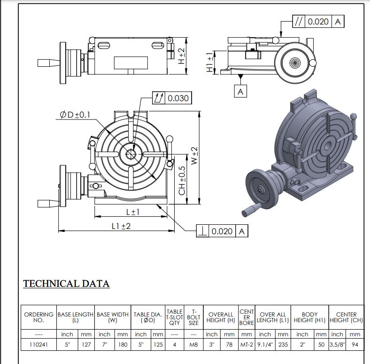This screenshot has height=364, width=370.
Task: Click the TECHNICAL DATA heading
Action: [66, 284]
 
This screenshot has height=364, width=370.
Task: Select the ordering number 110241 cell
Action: [39, 344]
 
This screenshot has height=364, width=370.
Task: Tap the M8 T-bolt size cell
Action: [193, 344]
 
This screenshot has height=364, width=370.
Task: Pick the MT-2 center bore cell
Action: [247, 344]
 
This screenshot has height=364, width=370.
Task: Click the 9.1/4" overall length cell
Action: [265, 344]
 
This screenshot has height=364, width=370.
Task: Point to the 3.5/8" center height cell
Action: [337, 344]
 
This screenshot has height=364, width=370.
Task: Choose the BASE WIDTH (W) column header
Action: [113, 317]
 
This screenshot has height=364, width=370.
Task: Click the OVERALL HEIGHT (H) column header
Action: [221, 317]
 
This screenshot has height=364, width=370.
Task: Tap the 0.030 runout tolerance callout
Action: [172, 98]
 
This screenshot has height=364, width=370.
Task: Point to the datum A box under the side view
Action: [241, 91]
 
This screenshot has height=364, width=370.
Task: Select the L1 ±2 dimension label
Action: [121, 226]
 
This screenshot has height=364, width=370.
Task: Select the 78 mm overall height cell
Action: [229, 344]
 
